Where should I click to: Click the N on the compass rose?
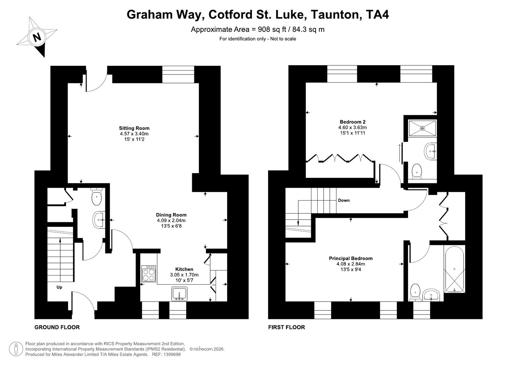[x=37, y=37]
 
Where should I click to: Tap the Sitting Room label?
[x=134, y=128]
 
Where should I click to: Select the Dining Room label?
[x=171, y=215]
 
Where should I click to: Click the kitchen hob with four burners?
[x=149, y=273]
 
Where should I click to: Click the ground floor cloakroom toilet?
[x=96, y=197]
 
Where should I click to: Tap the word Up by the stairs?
[x=59, y=287]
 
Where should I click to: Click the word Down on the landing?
[x=344, y=200]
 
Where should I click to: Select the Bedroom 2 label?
[x=352, y=122]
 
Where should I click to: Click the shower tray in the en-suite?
[x=422, y=128]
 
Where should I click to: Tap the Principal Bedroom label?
[x=350, y=258]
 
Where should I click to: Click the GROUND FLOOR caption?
[x=57, y=327]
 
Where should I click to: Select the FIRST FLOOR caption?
[x=286, y=327]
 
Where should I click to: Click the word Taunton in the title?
[x=335, y=15]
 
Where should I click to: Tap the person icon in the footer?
[x=16, y=349]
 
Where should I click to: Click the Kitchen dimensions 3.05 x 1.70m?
[x=184, y=275]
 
